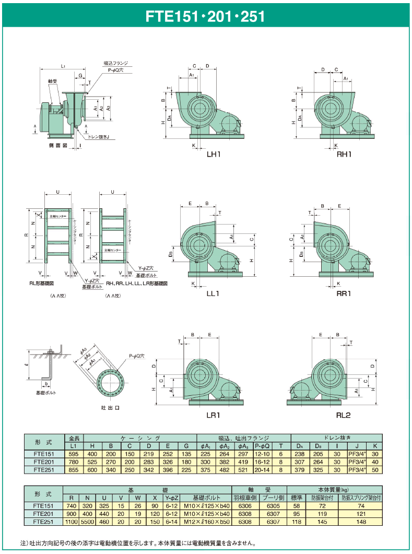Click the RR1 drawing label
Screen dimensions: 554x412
click(x=343, y=293)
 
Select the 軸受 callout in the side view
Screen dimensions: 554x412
click(x=52, y=81)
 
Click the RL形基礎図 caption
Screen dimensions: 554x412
click(x=46, y=284)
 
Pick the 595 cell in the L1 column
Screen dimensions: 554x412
click(x=73, y=455)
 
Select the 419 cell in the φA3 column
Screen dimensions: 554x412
click(x=243, y=462)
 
